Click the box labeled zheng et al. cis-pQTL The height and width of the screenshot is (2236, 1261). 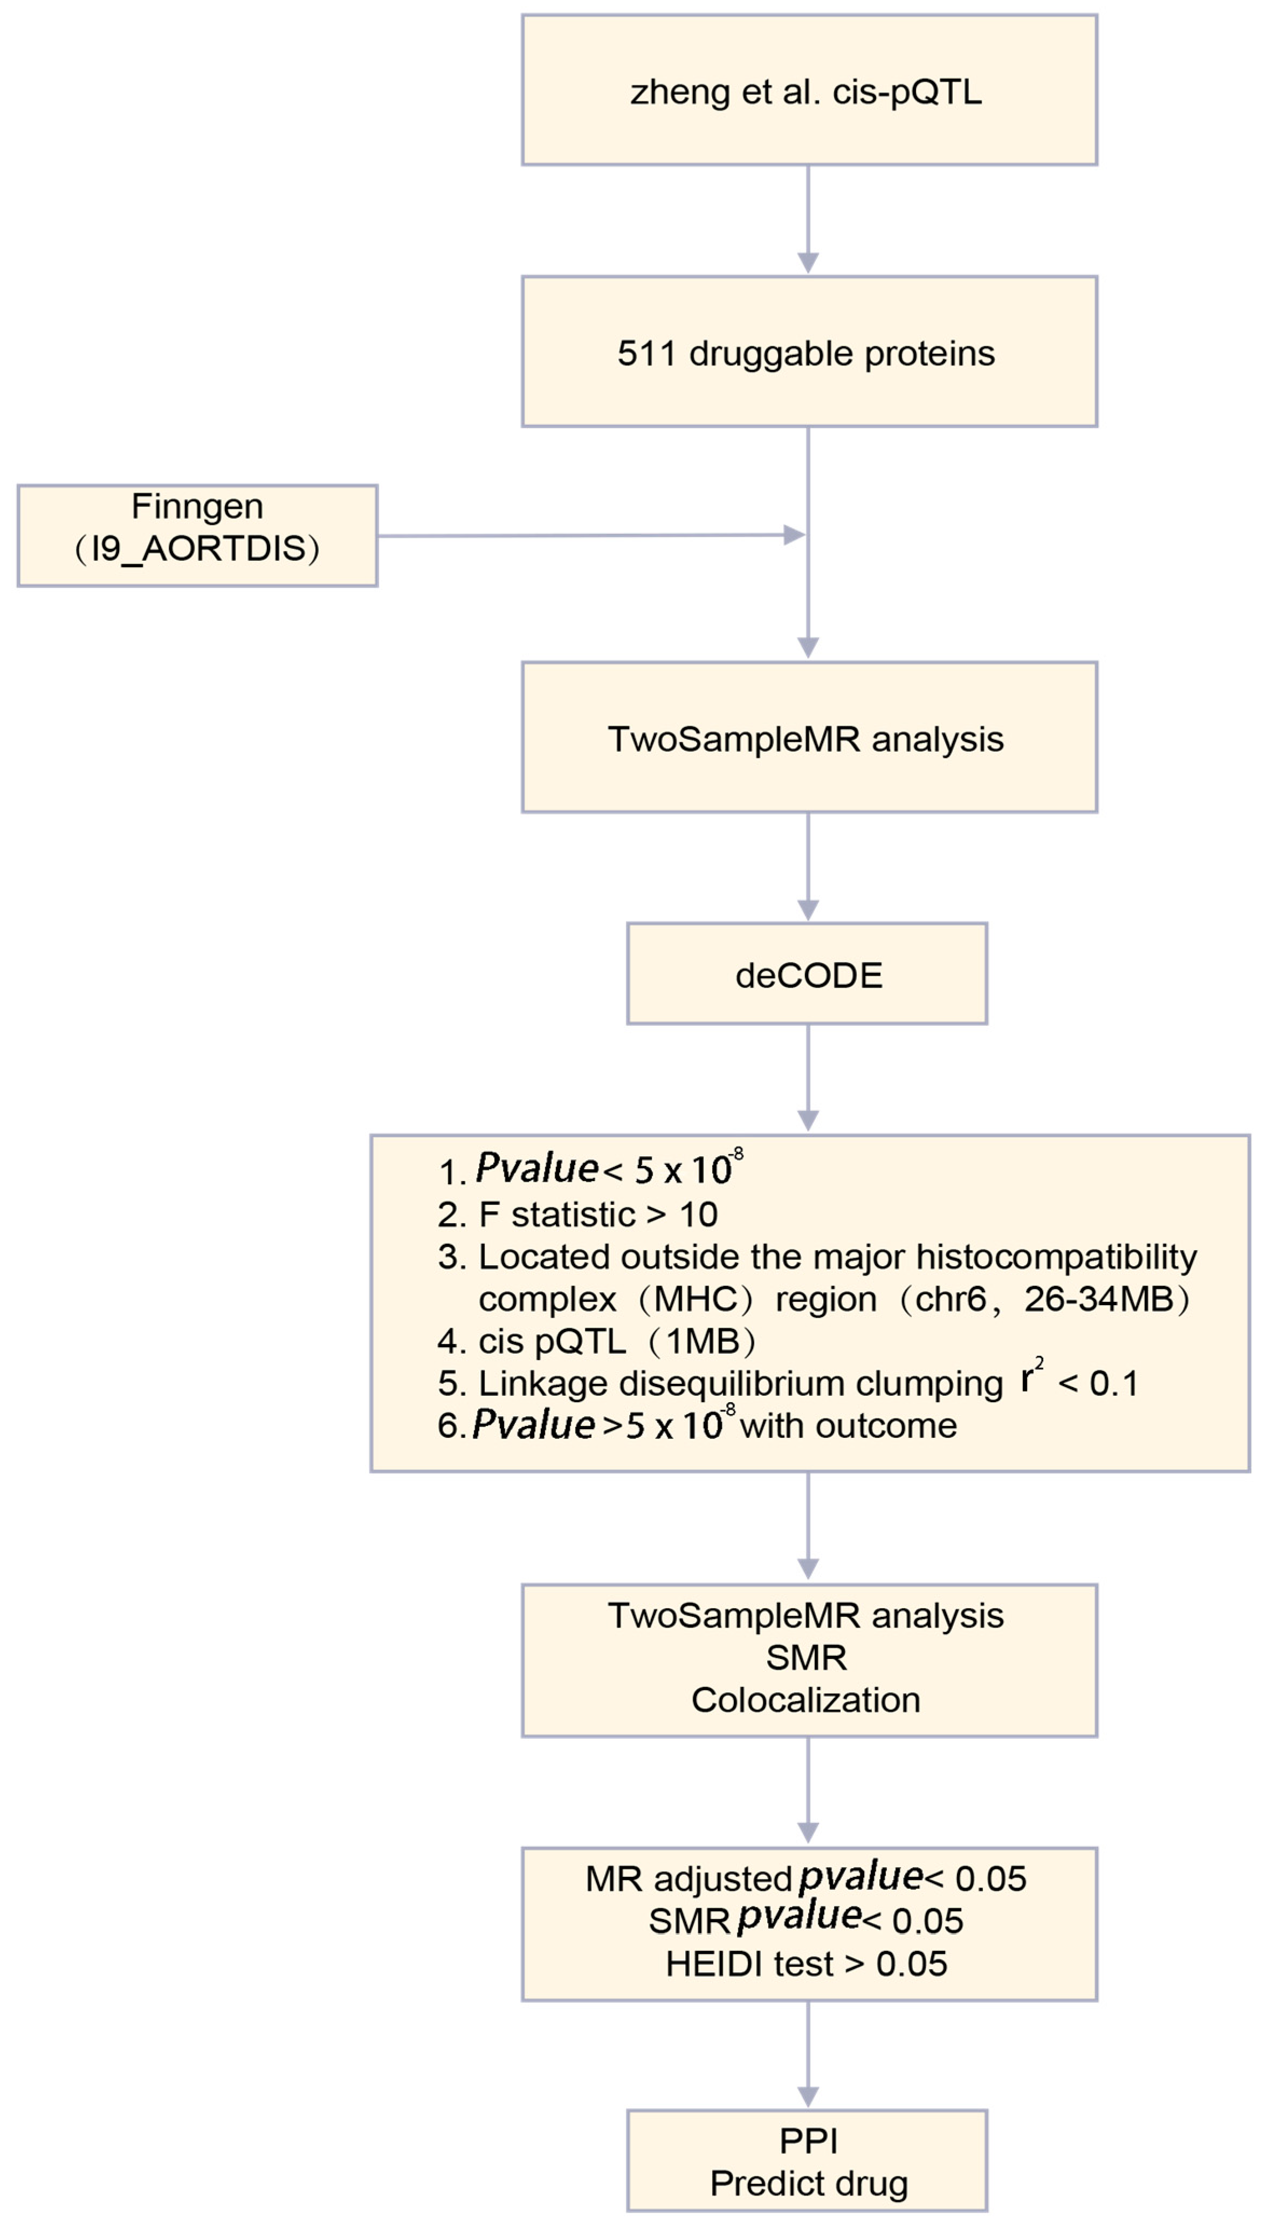click(808, 90)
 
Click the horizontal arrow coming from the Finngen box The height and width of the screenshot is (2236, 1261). click(582, 536)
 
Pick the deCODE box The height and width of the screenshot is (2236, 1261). click(807, 975)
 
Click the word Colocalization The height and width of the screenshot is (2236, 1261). click(805, 1699)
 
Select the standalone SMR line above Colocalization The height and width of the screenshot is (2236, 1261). click(805, 1657)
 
